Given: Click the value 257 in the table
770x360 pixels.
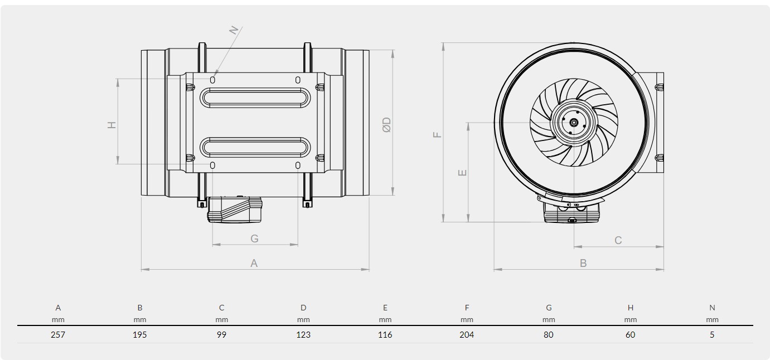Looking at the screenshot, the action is [58, 334].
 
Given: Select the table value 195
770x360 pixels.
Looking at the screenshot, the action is [139, 334].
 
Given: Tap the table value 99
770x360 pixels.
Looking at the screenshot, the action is [221, 334].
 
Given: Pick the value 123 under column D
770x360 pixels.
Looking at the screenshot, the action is [303, 334].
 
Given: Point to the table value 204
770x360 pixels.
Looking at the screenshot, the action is [467, 334].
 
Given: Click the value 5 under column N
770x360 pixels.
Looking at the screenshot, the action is [712, 334].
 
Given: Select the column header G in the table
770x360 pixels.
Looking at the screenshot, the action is [549, 308].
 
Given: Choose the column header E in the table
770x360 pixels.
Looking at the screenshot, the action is [385, 308].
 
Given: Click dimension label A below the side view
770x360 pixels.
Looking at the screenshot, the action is [254, 263].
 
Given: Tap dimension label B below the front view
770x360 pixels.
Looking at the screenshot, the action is [583, 263].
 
